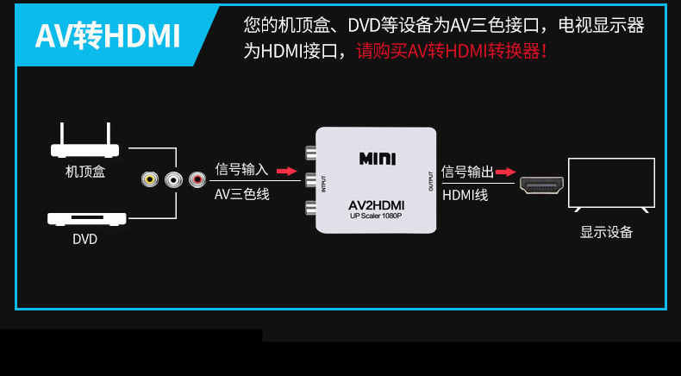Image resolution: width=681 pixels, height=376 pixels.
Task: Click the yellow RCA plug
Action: tap(150, 179)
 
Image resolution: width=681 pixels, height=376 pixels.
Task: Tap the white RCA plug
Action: tap(173, 179)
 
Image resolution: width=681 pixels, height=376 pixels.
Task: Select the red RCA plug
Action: tap(197, 179)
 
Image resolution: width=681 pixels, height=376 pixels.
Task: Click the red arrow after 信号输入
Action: tap(287, 171)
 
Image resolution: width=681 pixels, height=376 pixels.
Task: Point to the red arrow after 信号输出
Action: tap(505, 172)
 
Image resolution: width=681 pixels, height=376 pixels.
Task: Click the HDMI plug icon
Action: tap(541, 185)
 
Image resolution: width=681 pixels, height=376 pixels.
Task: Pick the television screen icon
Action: tap(611, 185)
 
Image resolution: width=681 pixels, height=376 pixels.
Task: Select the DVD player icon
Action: tap(87, 219)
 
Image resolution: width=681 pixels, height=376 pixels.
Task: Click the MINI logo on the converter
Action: tap(378, 159)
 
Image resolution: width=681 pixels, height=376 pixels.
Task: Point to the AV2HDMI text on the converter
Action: tap(377, 204)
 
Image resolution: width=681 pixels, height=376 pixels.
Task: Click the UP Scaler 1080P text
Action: tap(376, 216)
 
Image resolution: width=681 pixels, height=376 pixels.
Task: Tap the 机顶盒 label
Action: tap(85, 172)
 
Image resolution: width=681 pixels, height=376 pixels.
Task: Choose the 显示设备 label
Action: tap(606, 232)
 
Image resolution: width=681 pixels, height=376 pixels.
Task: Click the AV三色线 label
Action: tap(242, 194)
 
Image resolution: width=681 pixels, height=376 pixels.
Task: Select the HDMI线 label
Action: tap(465, 195)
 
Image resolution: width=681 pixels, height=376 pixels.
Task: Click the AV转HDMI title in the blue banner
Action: tap(107, 36)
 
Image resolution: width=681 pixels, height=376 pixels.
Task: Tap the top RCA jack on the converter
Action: tap(310, 153)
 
